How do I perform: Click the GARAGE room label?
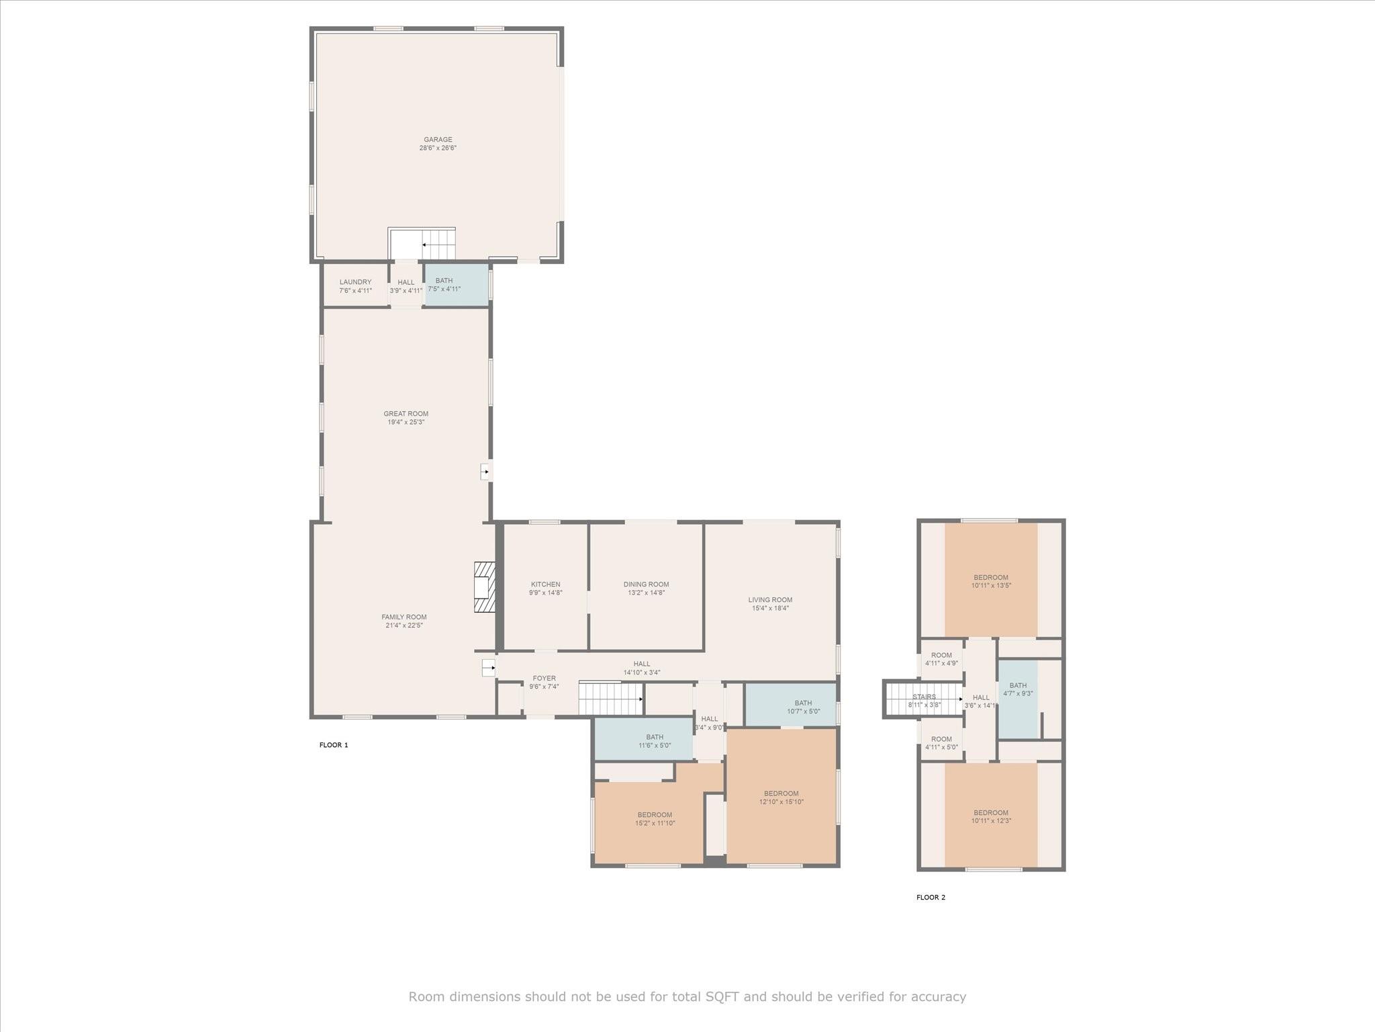438,140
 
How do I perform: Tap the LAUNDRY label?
355,282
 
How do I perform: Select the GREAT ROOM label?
406,414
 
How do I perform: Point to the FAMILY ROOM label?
404,617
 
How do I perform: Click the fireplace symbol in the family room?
484,587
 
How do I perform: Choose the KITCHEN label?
545,585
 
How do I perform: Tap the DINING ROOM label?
646,585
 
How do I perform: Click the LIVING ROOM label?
770,600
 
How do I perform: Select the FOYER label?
544,679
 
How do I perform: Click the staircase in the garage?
422,243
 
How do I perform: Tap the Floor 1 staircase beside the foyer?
611,699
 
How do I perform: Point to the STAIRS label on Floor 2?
924,697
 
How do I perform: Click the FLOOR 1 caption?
334,745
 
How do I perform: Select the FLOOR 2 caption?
931,898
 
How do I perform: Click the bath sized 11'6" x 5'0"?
643,738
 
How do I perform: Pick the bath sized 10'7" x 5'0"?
791,704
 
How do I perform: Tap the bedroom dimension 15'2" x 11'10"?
655,823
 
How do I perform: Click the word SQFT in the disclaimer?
722,996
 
